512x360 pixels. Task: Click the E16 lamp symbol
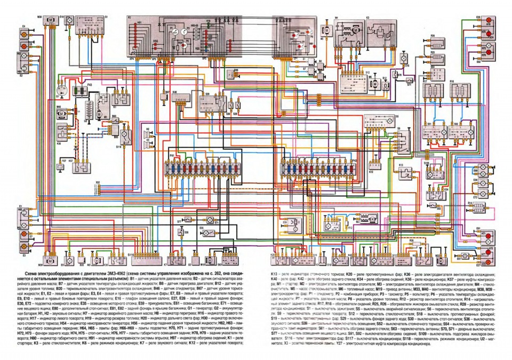pyautogui.click(x=406, y=70)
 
